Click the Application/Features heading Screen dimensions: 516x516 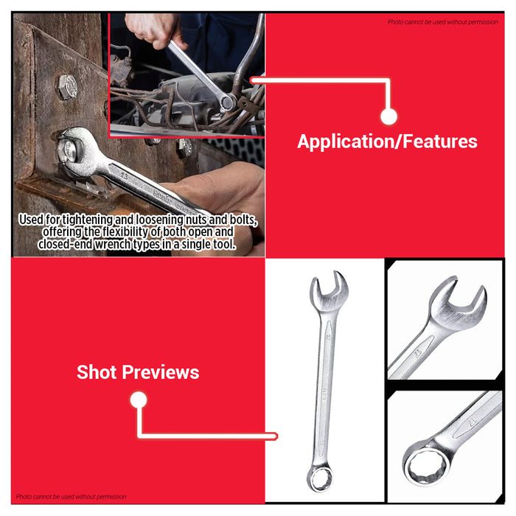click(387, 142)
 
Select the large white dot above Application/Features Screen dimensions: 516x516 click(389, 116)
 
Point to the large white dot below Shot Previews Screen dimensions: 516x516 click(138, 400)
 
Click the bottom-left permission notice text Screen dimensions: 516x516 click(71, 497)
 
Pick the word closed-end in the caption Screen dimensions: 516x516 click(86, 244)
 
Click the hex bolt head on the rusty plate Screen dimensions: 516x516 click(66, 87)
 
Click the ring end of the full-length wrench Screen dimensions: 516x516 click(321, 479)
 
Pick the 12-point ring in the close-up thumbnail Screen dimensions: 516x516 click(422, 464)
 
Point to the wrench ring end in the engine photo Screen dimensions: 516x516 click(228, 102)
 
